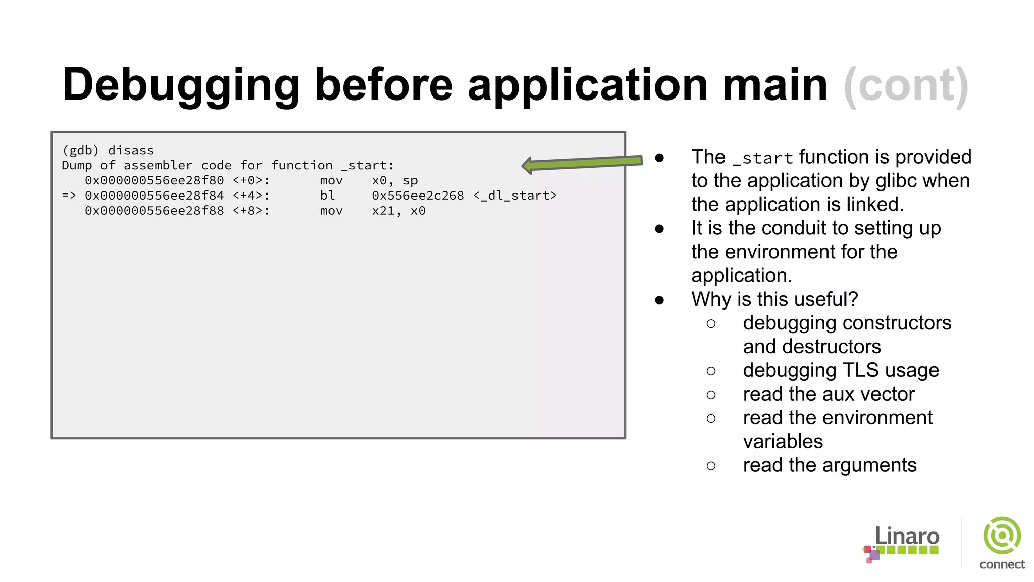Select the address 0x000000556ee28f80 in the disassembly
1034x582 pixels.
pos(154,181)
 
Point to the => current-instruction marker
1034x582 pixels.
pos(69,196)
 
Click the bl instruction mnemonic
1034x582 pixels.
pos(327,196)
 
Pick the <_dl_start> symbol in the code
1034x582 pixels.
pos(515,196)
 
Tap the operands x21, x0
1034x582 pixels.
pos(398,211)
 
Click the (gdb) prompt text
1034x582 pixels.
pos(80,151)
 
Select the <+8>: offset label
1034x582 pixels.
pos(251,211)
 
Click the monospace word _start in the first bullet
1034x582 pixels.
pos(762,158)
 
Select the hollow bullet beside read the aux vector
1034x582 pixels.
pos(711,395)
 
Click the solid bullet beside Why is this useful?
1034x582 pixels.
pos(659,300)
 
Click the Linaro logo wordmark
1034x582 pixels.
pos(906,537)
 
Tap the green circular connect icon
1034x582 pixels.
pos(1002,536)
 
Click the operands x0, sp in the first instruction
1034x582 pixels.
pos(395,181)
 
